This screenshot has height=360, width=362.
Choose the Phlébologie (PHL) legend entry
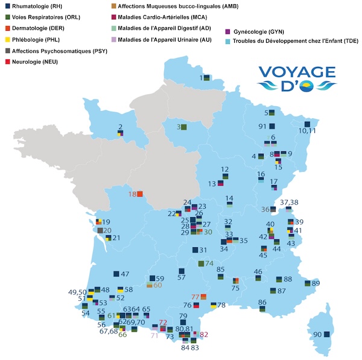33,39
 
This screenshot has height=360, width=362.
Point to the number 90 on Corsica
317,334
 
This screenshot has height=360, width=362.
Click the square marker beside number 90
327,334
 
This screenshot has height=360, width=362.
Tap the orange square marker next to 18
140,194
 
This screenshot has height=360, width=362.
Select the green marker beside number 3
184,127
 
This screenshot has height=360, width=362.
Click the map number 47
125,274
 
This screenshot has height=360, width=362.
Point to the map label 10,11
308,130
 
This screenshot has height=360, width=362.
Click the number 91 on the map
262,127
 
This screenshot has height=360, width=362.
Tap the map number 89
316,283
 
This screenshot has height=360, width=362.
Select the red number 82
203,334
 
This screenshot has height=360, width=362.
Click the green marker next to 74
202,264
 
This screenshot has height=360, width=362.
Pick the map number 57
181,277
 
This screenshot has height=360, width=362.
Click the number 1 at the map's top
202,78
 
